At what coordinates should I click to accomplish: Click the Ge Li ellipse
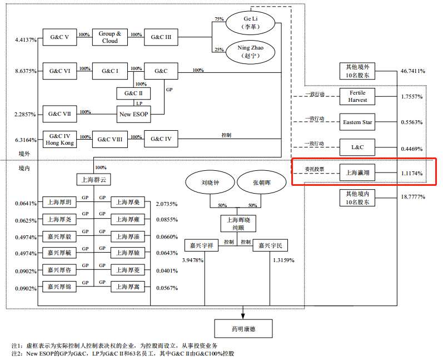(251, 22)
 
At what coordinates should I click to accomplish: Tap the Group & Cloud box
(110, 37)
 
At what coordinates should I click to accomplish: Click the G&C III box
(161, 37)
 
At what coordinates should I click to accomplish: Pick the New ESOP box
(134, 115)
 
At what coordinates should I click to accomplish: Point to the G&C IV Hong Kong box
(60, 139)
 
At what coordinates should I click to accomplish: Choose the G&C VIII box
(109, 139)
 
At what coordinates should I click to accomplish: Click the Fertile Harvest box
(357, 96)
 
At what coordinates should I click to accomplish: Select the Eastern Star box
(357, 122)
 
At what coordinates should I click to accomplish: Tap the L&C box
(357, 148)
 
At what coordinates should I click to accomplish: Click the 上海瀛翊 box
(357, 174)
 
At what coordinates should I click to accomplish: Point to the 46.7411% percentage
(412, 71)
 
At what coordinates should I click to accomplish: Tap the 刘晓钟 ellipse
(210, 183)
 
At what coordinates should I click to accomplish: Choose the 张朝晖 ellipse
(261, 183)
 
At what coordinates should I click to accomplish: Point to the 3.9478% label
(192, 260)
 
